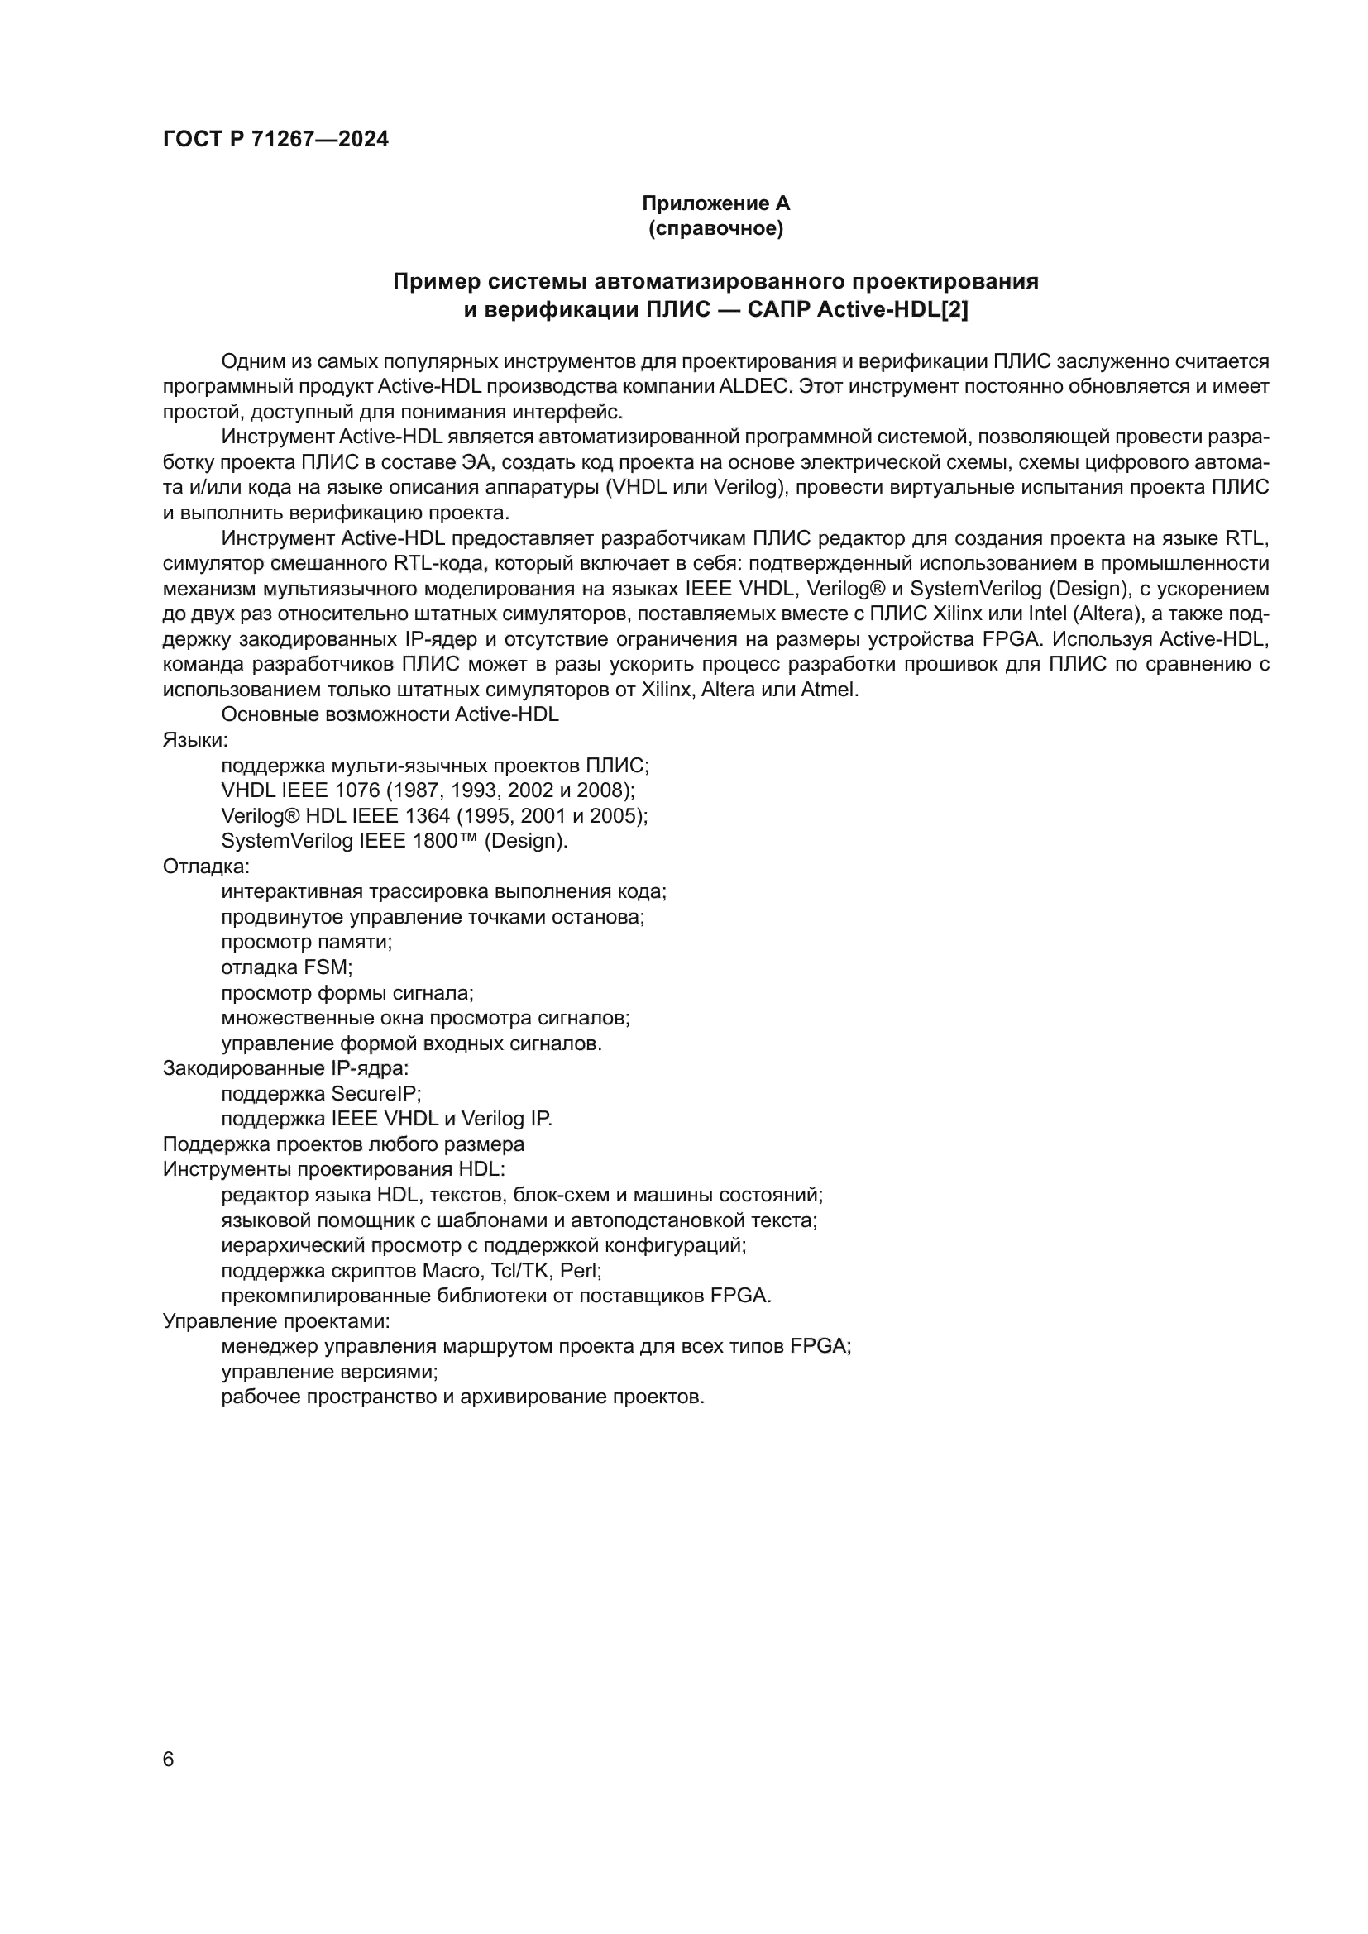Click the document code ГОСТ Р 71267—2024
275,140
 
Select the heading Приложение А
715,203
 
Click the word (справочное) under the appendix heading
715,228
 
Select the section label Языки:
195,740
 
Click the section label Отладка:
206,866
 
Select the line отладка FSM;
286,967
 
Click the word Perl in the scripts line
579,1270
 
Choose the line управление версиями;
329,1371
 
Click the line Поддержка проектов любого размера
343,1144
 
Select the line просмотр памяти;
307,942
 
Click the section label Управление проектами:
275,1320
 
